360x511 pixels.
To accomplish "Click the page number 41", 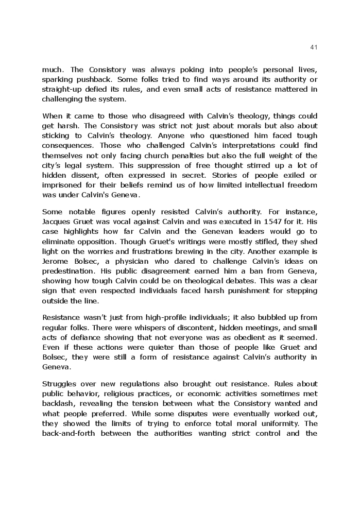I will (x=314, y=47).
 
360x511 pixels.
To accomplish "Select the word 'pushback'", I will (x=95, y=79).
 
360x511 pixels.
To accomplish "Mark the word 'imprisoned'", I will (x=62, y=185).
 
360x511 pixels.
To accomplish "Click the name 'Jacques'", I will (x=57, y=222).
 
